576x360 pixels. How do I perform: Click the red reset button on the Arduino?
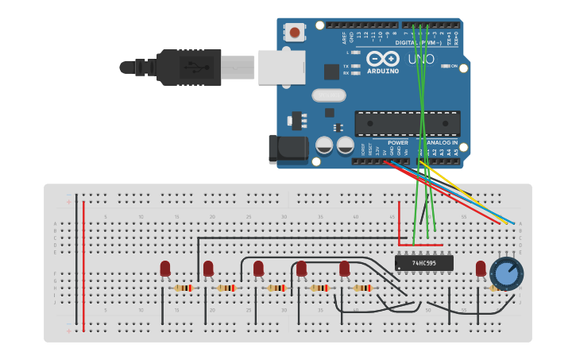pos(296,33)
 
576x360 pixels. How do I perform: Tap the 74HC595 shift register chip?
pos(424,263)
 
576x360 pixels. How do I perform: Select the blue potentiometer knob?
pos(506,273)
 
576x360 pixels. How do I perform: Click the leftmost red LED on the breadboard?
pos(165,269)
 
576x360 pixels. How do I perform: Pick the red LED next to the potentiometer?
pos(481,269)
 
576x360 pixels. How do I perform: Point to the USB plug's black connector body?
pos(188,67)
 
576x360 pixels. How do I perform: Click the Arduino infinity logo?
pos(382,59)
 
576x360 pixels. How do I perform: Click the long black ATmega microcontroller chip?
pos(407,123)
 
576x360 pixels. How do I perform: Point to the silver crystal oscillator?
pos(328,95)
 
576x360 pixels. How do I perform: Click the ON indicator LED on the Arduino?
pos(445,67)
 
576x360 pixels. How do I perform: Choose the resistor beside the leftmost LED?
pos(183,288)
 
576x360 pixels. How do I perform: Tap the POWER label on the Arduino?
pos(397,143)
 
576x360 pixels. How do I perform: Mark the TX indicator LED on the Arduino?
pos(355,66)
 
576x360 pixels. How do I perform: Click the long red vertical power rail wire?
pos(83,262)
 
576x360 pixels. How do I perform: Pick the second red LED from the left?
pos(208,269)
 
